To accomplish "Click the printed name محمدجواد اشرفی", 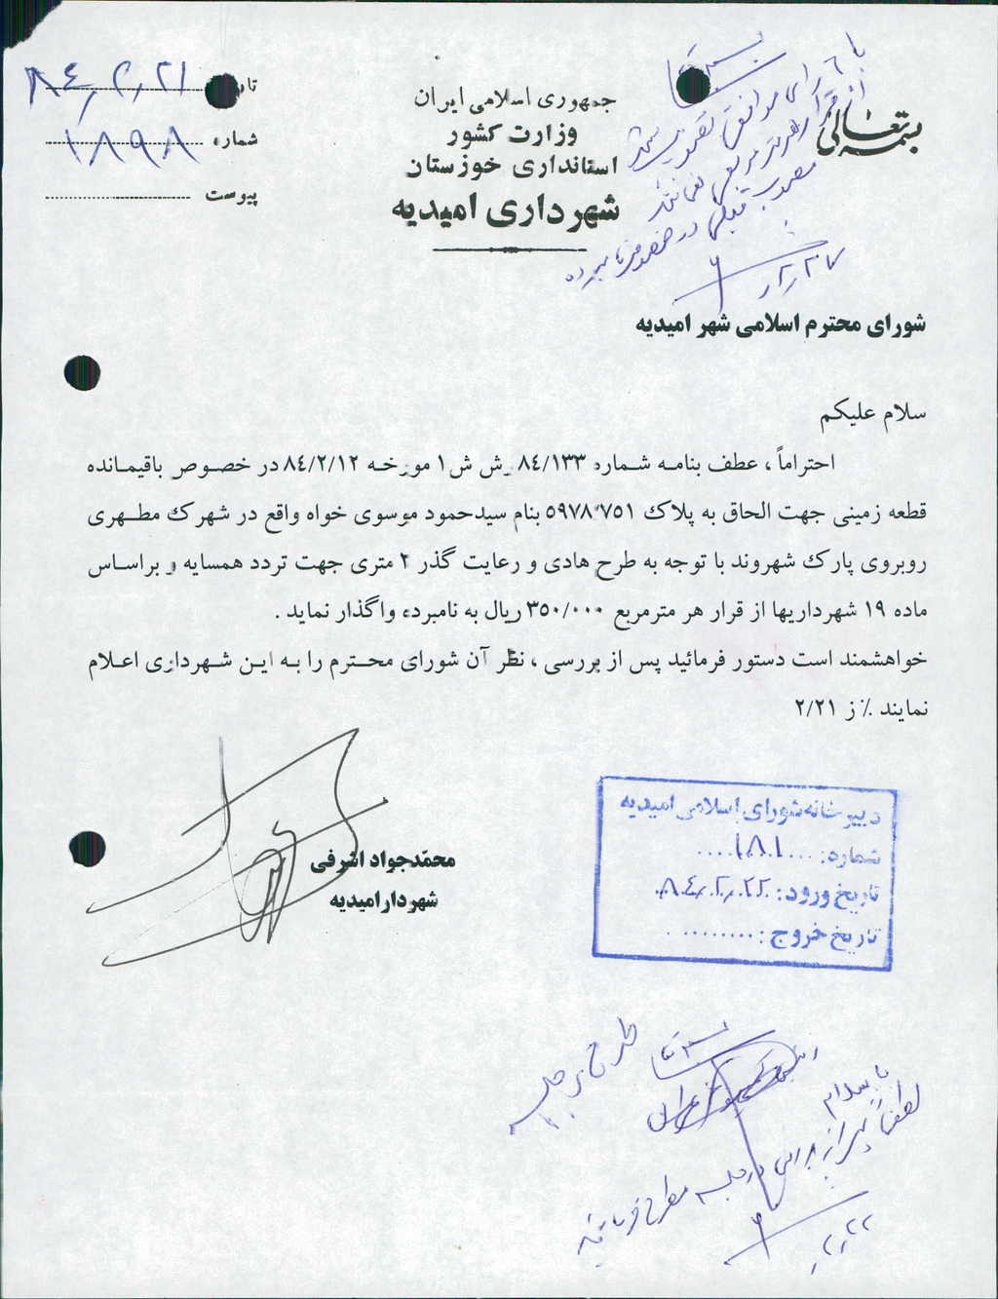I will (382, 862).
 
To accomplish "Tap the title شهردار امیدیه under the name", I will (383, 899).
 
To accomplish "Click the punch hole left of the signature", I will (89, 846).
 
